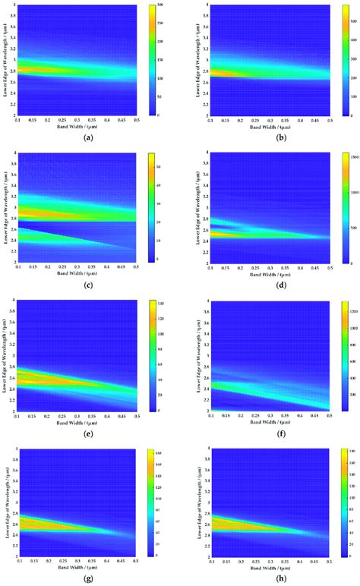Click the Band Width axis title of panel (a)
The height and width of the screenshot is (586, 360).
pos(90,125)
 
